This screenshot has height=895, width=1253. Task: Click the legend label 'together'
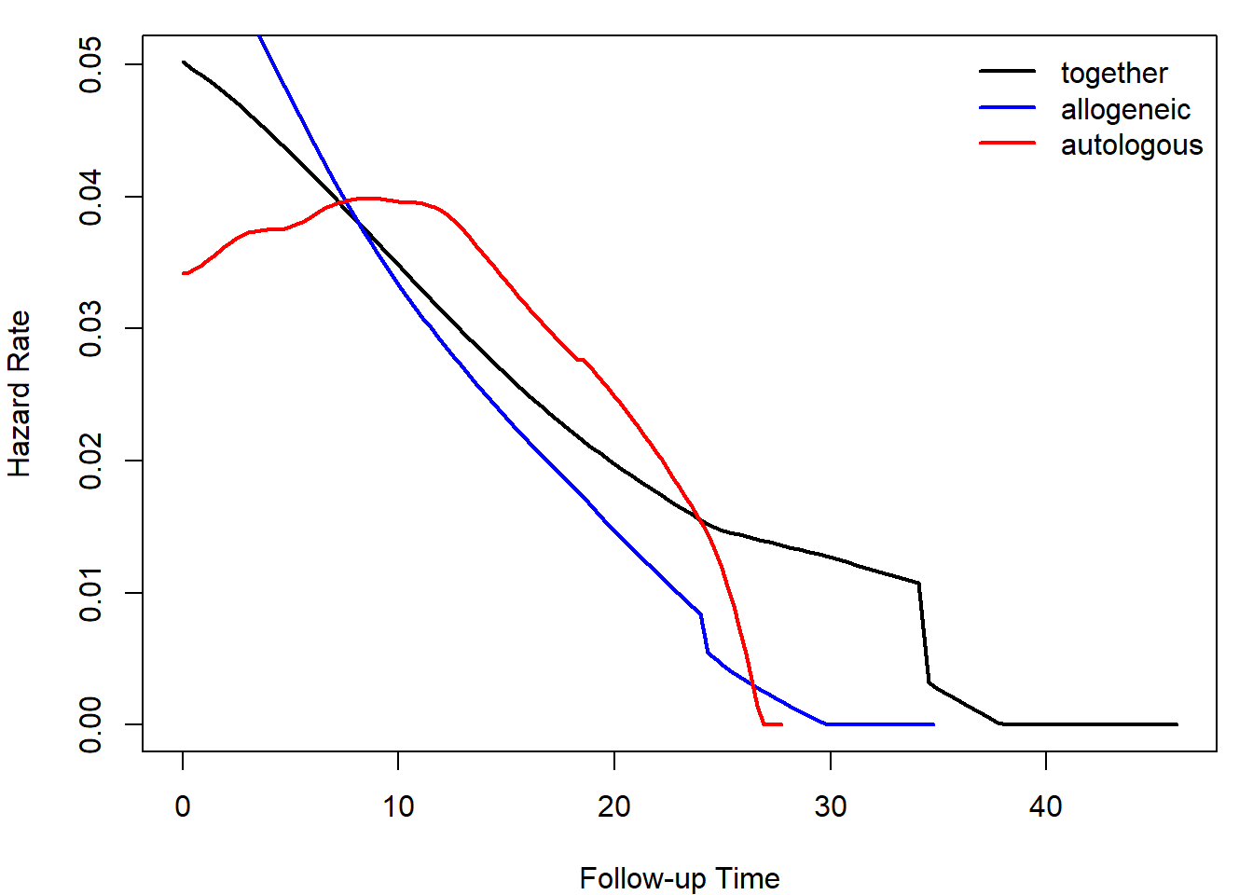pyautogui.click(x=1113, y=73)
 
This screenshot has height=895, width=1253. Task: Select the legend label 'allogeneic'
pyautogui.click(x=1125, y=109)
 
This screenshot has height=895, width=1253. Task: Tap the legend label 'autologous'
pyautogui.click(x=1131, y=145)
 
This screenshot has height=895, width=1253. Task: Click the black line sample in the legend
pyautogui.click(x=1007, y=71)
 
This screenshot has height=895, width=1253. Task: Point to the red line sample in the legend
pyautogui.click(x=1007, y=144)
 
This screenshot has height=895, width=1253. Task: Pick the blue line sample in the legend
pyautogui.click(x=1007, y=107)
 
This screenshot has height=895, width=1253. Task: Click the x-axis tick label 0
pyautogui.click(x=183, y=806)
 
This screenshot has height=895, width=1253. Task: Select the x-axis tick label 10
pyautogui.click(x=398, y=806)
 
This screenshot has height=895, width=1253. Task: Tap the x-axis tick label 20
pyautogui.click(x=614, y=806)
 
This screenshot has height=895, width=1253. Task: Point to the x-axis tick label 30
pyautogui.click(x=830, y=806)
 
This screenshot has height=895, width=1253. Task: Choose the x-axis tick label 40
pyautogui.click(x=1046, y=806)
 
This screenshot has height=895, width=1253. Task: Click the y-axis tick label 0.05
pyautogui.click(x=90, y=65)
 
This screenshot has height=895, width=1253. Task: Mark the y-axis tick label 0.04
pyautogui.click(x=90, y=197)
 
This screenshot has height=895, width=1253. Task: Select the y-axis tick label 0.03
pyautogui.click(x=90, y=329)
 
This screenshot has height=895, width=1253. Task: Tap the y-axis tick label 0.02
pyautogui.click(x=90, y=461)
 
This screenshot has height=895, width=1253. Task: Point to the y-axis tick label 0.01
pyautogui.click(x=90, y=593)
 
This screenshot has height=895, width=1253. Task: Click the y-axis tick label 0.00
pyautogui.click(x=90, y=724)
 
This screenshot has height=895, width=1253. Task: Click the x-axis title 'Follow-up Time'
pyautogui.click(x=680, y=878)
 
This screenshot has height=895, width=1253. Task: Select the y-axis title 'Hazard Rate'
pyautogui.click(x=20, y=393)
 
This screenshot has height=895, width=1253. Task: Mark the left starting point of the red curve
pyautogui.click(x=184, y=273)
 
